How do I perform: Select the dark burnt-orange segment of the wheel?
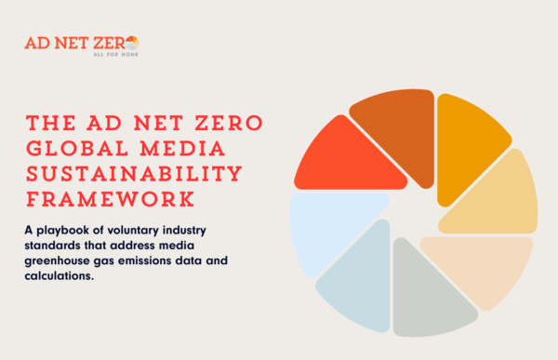(x=401, y=130)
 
